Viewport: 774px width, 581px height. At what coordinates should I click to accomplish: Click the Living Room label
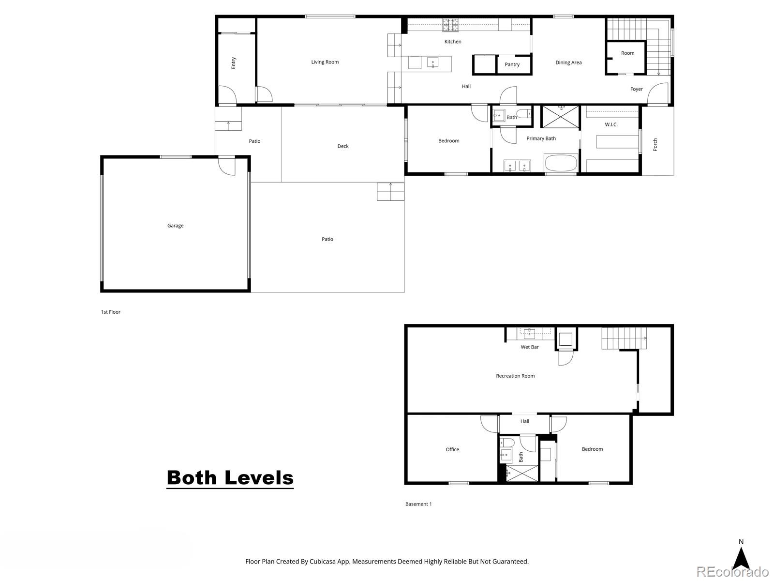pyautogui.click(x=325, y=62)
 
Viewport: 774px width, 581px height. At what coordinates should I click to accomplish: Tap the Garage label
pyautogui.click(x=175, y=226)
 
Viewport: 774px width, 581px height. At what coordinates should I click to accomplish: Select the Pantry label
pyautogui.click(x=512, y=64)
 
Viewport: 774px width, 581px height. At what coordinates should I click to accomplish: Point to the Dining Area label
pyautogui.click(x=568, y=63)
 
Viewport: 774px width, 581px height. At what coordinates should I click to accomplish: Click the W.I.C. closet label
pyautogui.click(x=611, y=124)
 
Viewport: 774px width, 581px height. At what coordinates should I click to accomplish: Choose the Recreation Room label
pyautogui.click(x=515, y=376)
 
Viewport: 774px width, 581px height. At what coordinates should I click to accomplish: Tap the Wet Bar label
pyautogui.click(x=530, y=347)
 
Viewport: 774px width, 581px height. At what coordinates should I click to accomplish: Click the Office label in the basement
pyautogui.click(x=452, y=449)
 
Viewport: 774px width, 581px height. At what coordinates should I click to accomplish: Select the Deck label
pyautogui.click(x=343, y=146)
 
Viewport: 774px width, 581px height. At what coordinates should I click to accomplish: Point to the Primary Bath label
pyautogui.click(x=541, y=138)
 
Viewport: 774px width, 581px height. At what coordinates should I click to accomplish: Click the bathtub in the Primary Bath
pyautogui.click(x=561, y=163)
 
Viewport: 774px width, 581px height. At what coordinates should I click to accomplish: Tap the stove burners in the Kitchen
pyautogui.click(x=451, y=25)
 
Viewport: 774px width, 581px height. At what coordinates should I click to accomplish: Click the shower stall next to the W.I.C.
pyautogui.click(x=560, y=116)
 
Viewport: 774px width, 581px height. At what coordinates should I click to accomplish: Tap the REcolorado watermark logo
pyautogui.click(x=733, y=571)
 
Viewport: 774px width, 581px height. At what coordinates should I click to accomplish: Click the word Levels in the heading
pyautogui.click(x=259, y=478)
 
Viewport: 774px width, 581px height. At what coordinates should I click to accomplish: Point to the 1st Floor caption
pyautogui.click(x=111, y=312)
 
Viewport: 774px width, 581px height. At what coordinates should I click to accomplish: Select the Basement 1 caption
pyautogui.click(x=418, y=505)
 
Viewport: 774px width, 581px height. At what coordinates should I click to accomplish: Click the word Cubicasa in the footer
pyautogui.click(x=323, y=562)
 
